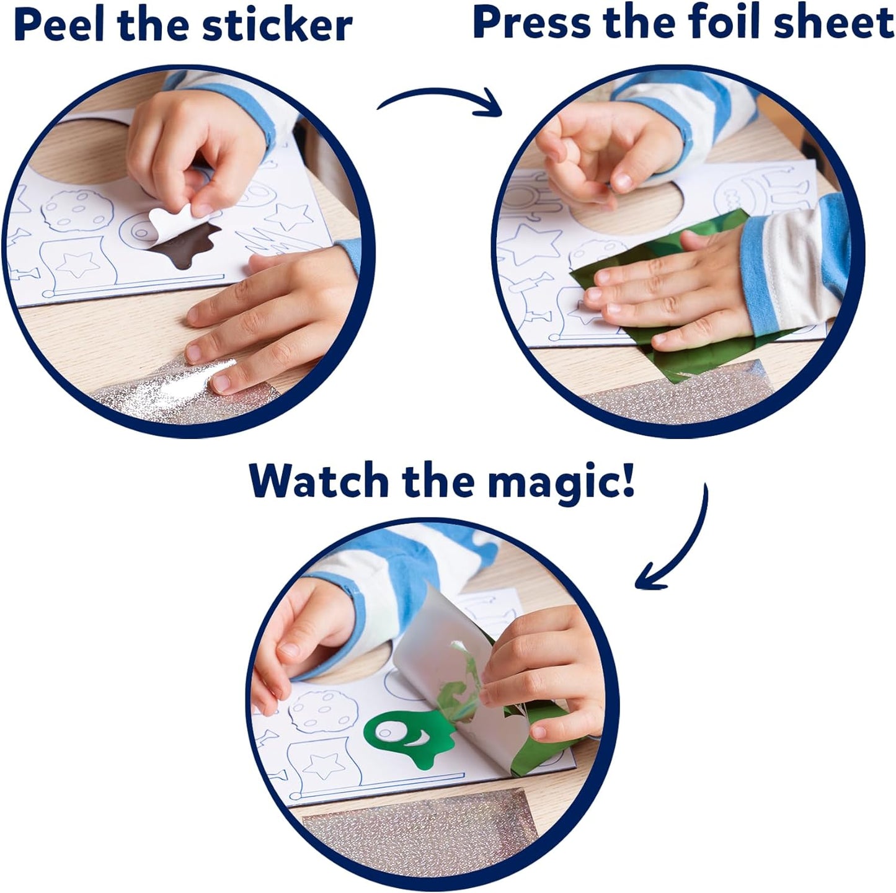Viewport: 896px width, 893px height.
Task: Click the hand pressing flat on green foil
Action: [x=670, y=285]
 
